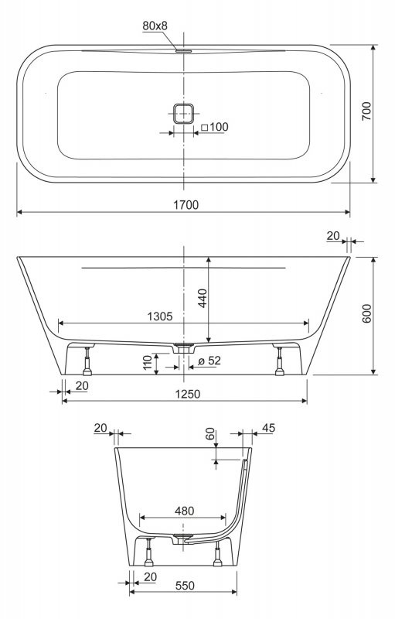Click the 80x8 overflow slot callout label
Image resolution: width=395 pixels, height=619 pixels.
point(155,26)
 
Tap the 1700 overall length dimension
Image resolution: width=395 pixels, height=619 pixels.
point(186,205)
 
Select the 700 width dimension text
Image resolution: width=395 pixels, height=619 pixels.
point(366,111)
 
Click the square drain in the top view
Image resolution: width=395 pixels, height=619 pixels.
point(184,114)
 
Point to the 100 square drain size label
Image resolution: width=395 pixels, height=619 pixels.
point(215,127)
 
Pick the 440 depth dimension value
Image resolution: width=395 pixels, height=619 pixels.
point(203,299)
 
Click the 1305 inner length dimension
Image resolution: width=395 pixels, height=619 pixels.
point(160,316)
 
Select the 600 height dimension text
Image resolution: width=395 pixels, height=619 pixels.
point(366,313)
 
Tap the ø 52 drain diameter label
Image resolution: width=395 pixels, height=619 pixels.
point(209,361)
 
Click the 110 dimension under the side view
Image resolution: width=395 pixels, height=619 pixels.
point(147,362)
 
